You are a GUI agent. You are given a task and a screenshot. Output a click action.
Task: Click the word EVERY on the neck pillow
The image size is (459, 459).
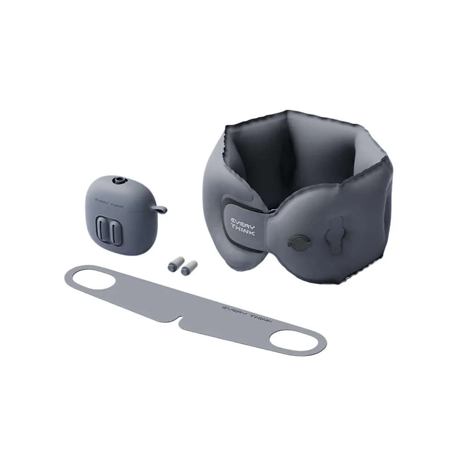click(243, 222)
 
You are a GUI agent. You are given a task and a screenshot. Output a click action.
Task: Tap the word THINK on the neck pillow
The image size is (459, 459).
click(243, 230)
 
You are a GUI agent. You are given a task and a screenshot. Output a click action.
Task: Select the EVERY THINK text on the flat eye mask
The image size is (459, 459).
click(247, 314)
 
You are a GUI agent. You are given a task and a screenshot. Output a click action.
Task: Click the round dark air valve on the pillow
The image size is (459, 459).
click(299, 243)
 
